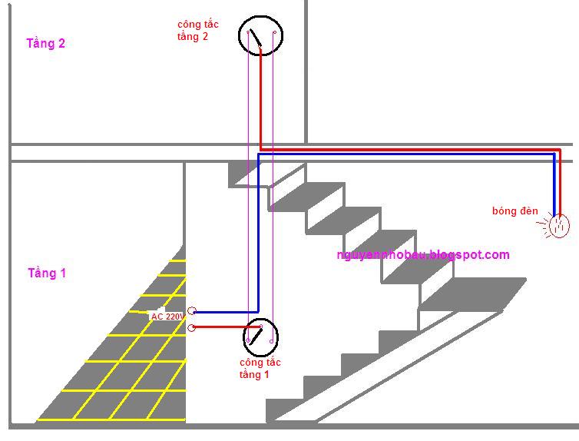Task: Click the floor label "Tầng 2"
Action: point(46,44)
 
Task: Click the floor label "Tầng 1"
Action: point(47,274)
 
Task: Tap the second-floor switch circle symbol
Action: point(260,35)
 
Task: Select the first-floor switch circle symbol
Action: point(260,337)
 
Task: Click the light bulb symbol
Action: point(559,225)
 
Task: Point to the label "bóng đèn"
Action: point(515,211)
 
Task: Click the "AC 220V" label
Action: point(167,317)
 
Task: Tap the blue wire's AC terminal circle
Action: point(192,311)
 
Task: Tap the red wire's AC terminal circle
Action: point(192,328)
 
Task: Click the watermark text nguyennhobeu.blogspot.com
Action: point(423,255)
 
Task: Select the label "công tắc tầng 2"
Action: point(197,31)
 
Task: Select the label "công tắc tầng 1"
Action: point(260,368)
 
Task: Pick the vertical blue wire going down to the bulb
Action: point(554,184)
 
